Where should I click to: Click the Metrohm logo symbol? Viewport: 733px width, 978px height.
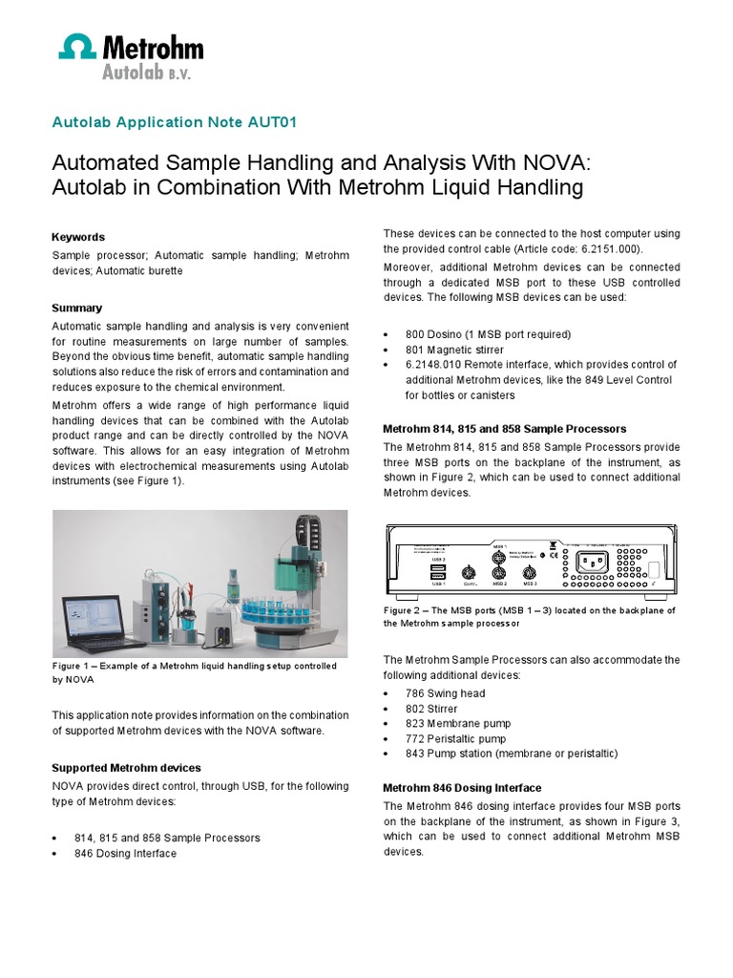pyautogui.click(x=78, y=48)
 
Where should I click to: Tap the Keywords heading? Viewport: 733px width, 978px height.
pyautogui.click(x=78, y=237)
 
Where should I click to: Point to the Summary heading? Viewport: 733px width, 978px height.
pyautogui.click(x=76, y=308)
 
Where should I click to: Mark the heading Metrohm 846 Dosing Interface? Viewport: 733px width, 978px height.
pyautogui.click(x=462, y=788)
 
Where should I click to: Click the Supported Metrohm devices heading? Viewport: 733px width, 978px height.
pyautogui.click(x=126, y=768)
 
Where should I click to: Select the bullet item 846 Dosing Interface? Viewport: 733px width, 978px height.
pyautogui.click(x=125, y=853)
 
